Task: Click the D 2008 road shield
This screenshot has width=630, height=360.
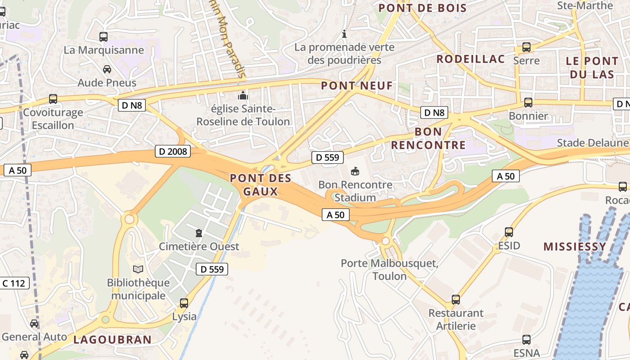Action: pyautogui.click(x=173, y=151)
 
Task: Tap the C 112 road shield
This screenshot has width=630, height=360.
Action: pyautogui.click(x=14, y=283)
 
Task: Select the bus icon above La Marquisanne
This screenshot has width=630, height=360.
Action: pyautogui.click(x=103, y=37)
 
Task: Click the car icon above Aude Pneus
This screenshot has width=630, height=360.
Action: pyautogui.click(x=107, y=69)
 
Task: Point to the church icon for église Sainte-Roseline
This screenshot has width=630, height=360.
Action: pyautogui.click(x=243, y=96)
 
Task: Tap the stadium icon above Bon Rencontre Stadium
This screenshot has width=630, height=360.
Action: pyautogui.click(x=355, y=171)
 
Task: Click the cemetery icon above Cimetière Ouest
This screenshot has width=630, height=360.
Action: pyautogui.click(x=198, y=233)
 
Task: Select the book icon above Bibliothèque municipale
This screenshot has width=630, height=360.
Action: pyautogui.click(x=138, y=269)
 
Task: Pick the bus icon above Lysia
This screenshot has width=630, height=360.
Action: pyautogui.click(x=184, y=303)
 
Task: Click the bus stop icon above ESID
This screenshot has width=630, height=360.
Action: pyautogui.click(x=509, y=232)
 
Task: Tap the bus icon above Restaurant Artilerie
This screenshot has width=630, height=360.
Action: pyautogui.click(x=456, y=300)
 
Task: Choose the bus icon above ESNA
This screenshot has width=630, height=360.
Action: pyautogui.click(x=526, y=340)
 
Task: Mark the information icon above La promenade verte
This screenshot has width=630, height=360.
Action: pyautogui.click(x=344, y=34)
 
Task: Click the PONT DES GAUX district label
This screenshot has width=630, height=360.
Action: pyautogui.click(x=261, y=184)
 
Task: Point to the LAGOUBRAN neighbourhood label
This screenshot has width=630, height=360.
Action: pyautogui.click(x=112, y=339)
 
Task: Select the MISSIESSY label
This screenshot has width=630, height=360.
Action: pyautogui.click(x=575, y=247)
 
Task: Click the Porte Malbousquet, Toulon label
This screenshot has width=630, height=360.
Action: pyautogui.click(x=389, y=269)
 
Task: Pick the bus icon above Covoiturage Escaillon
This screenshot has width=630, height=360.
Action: pyautogui.click(x=53, y=99)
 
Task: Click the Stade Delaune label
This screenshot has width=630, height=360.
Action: pyautogui.click(x=592, y=143)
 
